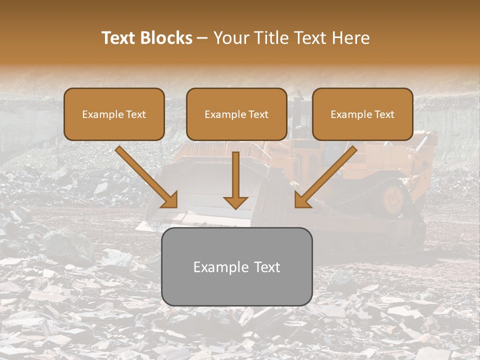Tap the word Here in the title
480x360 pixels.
point(352,38)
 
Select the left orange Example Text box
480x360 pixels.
point(114,114)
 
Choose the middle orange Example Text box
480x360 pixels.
point(236,114)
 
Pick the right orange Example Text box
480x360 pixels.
point(362,114)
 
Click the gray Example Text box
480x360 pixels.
point(236,267)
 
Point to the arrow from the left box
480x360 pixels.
point(145,176)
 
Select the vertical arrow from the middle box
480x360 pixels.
point(235,177)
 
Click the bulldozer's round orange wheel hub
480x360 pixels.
point(393,199)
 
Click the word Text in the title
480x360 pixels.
point(119,38)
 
